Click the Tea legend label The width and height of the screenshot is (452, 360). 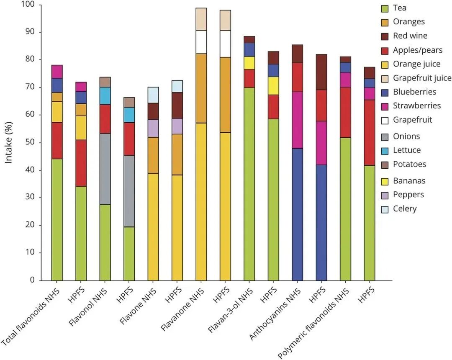[400, 8]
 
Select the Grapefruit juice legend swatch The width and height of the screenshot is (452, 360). [385, 78]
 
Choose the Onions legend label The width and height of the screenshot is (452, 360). [406, 136]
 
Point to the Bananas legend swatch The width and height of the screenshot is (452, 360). [385, 181]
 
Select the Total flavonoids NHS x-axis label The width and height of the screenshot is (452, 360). [31, 317]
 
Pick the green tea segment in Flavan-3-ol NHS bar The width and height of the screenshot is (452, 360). [249, 184]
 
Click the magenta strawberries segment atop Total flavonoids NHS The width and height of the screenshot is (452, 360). [57, 72]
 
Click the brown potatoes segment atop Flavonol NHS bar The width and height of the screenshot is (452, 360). [105, 82]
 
